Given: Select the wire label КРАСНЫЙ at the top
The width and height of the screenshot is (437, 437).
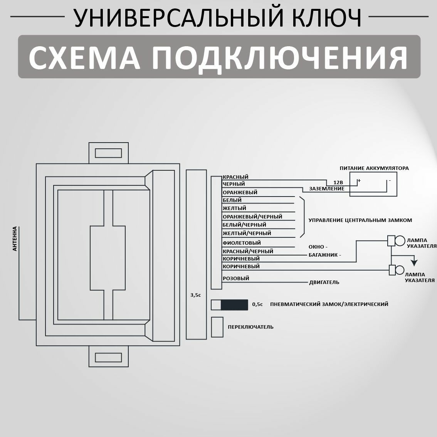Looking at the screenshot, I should pos(235,177).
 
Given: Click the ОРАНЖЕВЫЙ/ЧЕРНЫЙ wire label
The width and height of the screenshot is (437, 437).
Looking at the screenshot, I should pos(252,217).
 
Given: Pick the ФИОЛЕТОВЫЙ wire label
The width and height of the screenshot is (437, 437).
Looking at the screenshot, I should pos(242,243).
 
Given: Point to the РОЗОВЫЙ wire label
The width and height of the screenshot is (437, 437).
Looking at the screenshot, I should pos(236,278).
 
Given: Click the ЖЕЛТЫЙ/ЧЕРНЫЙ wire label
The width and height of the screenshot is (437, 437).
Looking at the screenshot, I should pos(247,233).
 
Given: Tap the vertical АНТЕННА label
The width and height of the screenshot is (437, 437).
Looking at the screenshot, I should pos(15,239).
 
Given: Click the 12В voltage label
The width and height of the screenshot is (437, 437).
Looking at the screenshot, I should pos(333,182).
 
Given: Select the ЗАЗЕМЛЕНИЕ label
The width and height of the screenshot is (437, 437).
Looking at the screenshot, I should pos(327,189).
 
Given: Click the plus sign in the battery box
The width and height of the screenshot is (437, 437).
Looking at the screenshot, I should pos(359,180).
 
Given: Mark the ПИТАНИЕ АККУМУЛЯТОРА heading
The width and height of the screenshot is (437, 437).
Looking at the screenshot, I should pos(374,168).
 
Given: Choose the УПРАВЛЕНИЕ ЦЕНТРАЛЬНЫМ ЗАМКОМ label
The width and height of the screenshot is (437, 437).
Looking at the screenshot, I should pos(360,220).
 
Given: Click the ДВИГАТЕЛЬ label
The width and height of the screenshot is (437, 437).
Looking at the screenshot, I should pos(324,282).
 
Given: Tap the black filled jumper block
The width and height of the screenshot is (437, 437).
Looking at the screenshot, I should pos(234,304).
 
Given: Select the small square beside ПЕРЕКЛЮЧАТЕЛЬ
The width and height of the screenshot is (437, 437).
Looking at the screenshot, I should pos(217,327).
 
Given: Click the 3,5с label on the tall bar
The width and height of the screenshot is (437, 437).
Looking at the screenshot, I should pos(196,295).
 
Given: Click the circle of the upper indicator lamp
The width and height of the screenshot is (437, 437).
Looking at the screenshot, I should pos(400,241).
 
